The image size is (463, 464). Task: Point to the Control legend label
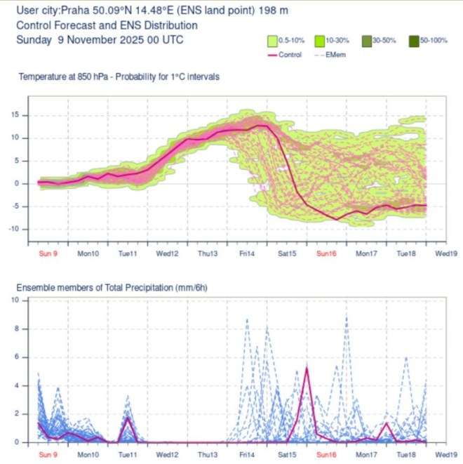pyautogui.click(x=290, y=54)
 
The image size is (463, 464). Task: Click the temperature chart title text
pyautogui.click(x=119, y=76)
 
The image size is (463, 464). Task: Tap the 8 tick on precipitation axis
pyautogui.click(x=25, y=329)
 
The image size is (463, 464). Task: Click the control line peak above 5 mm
pyautogui.click(x=307, y=368)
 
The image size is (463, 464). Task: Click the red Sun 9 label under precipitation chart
pyautogui.click(x=47, y=454)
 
